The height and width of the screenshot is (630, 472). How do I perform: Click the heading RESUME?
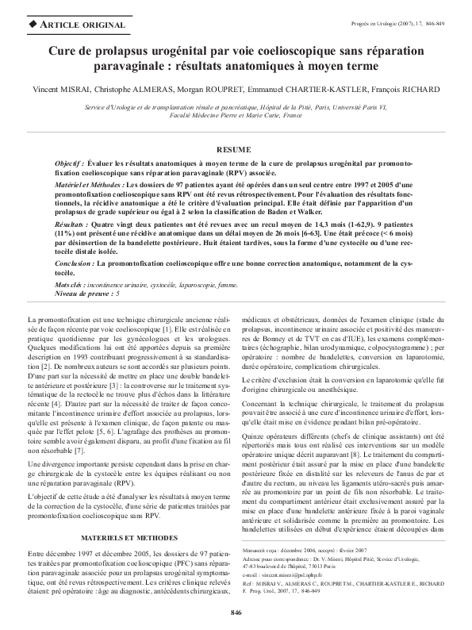[x=236, y=149]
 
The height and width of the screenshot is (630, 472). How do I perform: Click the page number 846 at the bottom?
[x=236, y=613]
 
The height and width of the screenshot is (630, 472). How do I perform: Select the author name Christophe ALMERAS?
[x=129, y=88]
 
